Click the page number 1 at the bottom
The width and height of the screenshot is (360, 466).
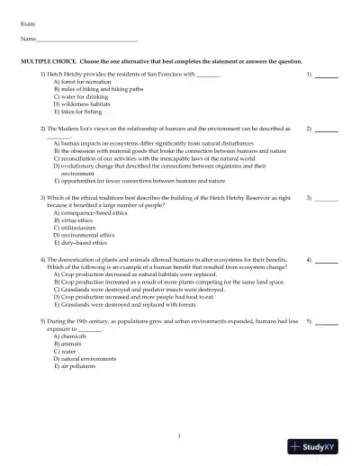(180, 436)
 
